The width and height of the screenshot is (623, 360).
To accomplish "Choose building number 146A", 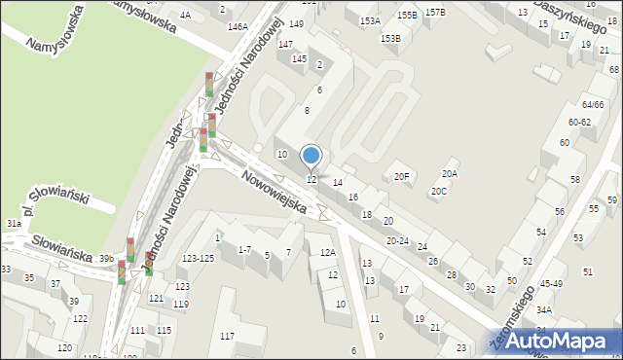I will [238, 26].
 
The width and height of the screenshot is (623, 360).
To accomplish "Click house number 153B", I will [390, 38].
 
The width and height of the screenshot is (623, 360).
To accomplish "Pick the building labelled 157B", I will [435, 13].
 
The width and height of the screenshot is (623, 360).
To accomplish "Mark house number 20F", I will [401, 176].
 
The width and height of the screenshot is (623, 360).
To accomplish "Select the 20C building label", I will [439, 192].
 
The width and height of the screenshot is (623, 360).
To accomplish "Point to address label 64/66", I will [593, 105].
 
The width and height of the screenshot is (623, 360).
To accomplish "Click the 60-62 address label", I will [579, 122].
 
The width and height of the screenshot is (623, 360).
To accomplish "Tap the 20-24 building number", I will [397, 240].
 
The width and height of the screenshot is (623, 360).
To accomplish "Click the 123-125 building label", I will [198, 258].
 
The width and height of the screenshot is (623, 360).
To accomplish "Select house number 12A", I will [328, 253].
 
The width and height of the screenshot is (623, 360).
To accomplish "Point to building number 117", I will [227, 337].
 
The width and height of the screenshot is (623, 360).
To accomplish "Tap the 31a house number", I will [14, 224].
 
